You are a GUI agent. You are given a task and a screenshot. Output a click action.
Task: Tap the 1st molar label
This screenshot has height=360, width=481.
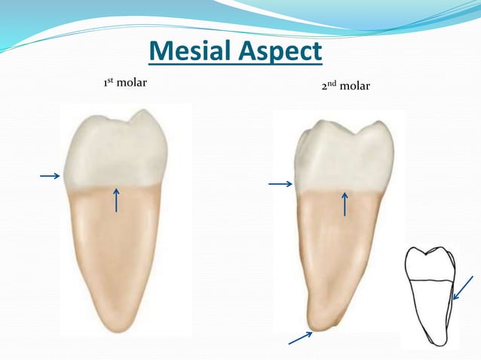124,81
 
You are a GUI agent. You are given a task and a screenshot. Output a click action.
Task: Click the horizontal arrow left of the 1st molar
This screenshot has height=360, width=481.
50,176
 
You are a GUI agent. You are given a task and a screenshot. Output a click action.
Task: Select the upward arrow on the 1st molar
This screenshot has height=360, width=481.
116,200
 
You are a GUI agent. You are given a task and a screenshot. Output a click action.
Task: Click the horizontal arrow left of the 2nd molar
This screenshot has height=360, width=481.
280,183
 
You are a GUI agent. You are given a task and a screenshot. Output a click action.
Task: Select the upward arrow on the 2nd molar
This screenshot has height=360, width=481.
345,204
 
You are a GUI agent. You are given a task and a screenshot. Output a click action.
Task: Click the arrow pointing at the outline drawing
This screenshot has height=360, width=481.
462,288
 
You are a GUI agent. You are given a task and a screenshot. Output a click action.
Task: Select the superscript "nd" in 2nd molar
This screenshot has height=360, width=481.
332,83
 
